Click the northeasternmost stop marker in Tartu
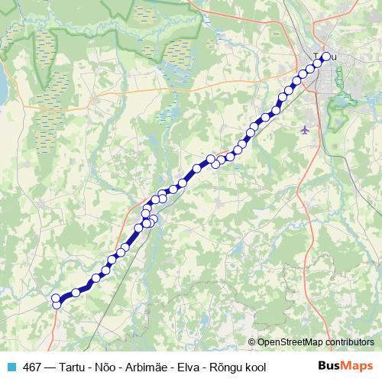pyautogui.click(x=326, y=57)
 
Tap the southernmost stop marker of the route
pyautogui.click(x=57, y=306)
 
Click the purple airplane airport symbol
pyautogui.click(x=306, y=129)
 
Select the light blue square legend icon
pyautogui.click(x=11, y=367)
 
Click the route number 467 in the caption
pyautogui.click(x=32, y=367)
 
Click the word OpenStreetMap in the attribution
pyautogui.click(x=291, y=343)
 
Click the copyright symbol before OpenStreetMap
pyautogui.click(x=251, y=343)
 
